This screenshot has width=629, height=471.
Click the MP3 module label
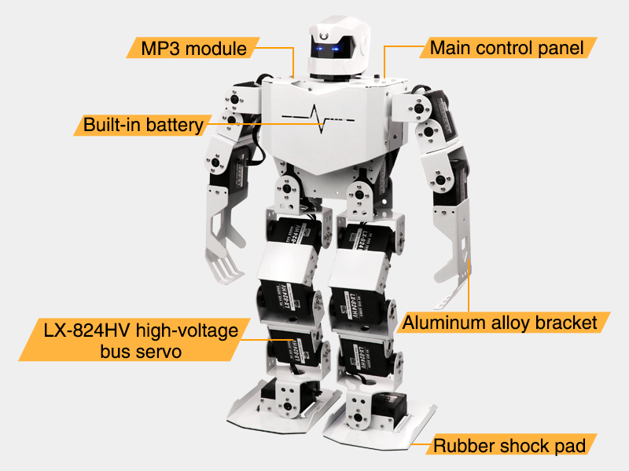(193, 48)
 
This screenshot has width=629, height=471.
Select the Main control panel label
(506, 48)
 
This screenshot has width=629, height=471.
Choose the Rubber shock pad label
(510, 446)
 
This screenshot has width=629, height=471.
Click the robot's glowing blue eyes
(329, 51)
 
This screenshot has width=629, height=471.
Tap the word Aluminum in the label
(440, 322)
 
